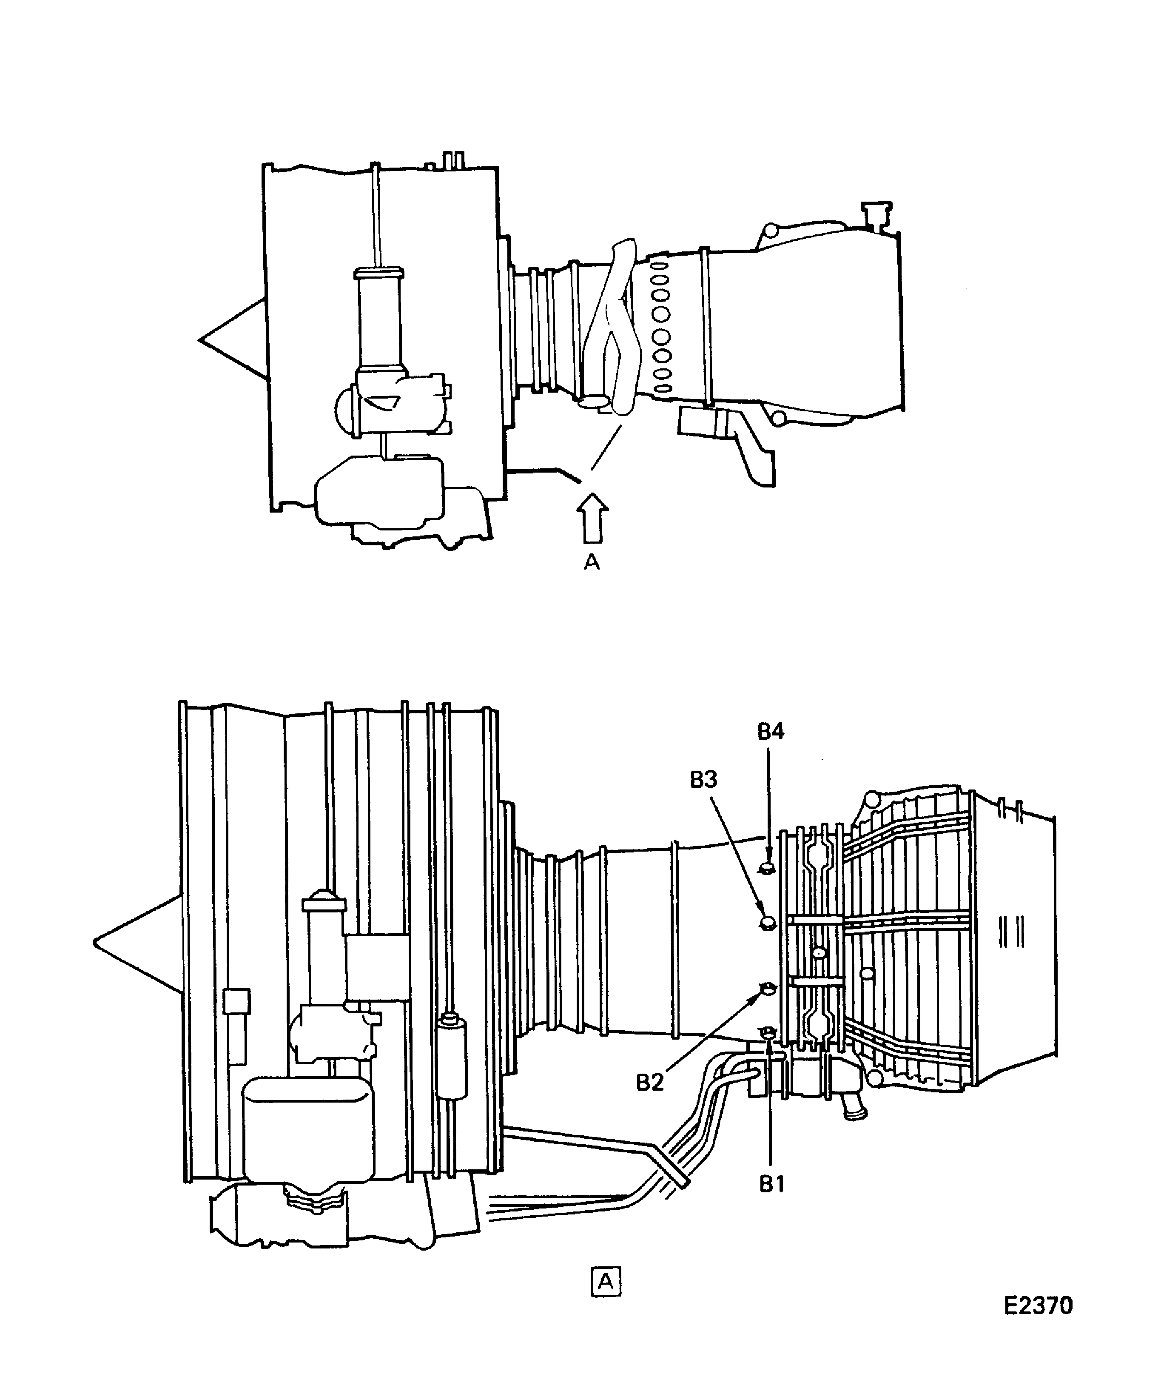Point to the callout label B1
pyautogui.click(x=771, y=1184)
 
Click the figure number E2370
pyautogui.click(x=1038, y=1306)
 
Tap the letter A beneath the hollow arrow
pyautogui.click(x=592, y=562)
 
